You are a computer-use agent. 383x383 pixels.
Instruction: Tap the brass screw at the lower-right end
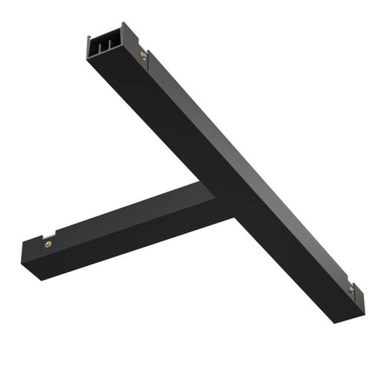click(x=352, y=289)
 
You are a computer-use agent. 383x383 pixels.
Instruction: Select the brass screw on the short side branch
click(x=47, y=242)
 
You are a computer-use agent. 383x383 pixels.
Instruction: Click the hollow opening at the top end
click(x=105, y=44)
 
